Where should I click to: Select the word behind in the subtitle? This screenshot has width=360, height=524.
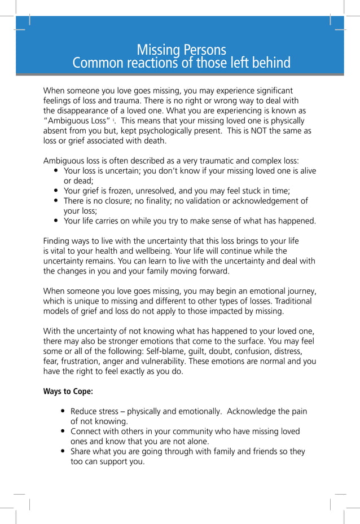pyautogui.click(x=271, y=63)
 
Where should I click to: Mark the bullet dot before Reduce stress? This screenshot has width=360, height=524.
pyautogui.click(x=63, y=412)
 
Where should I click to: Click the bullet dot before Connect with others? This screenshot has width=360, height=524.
pyautogui.click(x=63, y=431)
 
